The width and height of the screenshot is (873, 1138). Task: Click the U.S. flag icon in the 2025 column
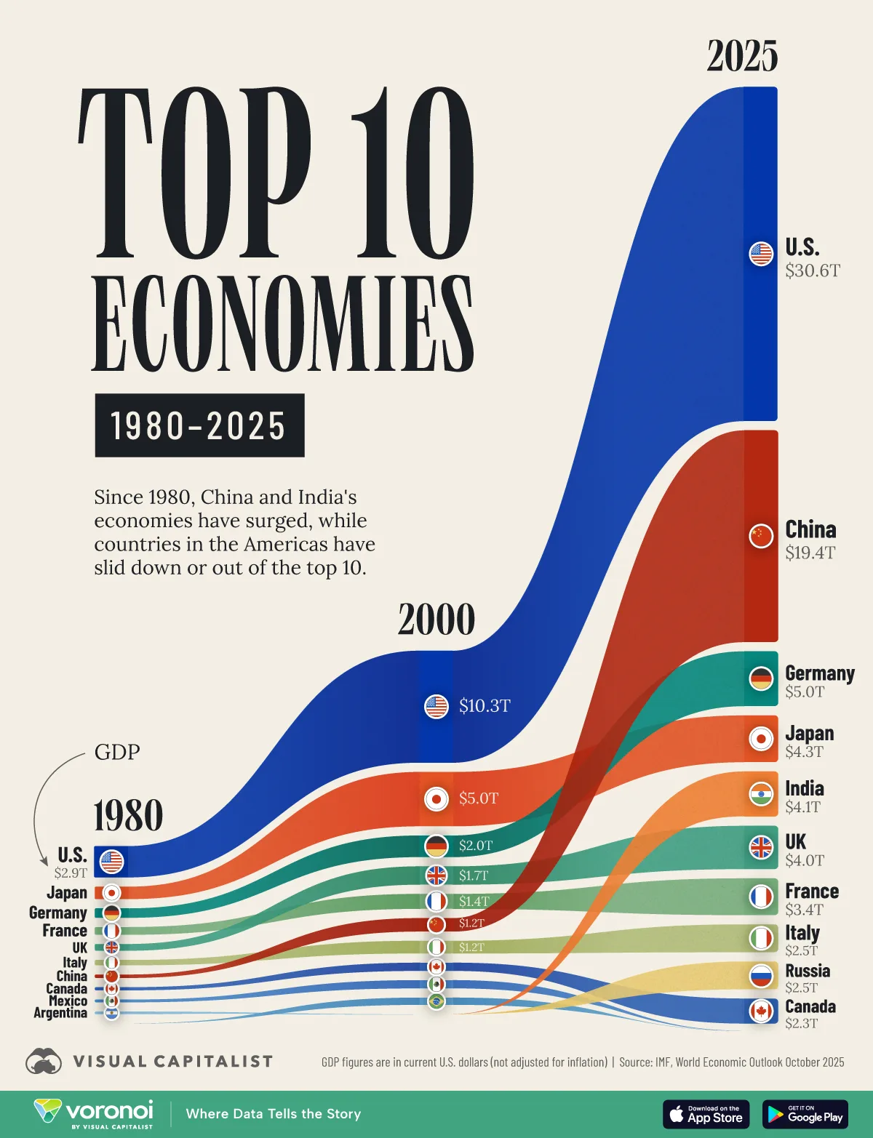761,254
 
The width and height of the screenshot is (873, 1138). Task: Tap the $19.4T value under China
810,553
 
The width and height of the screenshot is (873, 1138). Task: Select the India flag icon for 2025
761,794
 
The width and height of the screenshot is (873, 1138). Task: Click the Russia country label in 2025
807,971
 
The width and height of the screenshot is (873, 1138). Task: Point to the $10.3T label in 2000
485,706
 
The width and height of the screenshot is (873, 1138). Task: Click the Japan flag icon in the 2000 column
436,798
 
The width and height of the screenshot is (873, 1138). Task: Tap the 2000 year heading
436,620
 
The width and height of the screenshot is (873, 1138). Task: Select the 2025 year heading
742,56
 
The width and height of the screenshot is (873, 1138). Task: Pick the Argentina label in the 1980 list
60,1013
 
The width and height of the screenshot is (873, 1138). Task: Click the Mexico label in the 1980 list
68,1001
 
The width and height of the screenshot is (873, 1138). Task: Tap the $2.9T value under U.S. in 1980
71,873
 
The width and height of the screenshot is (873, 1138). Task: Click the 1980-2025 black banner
199,425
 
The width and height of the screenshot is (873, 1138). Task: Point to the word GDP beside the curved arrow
117,752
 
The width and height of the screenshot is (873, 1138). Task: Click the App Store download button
706,1114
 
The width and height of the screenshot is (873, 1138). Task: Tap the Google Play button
805,1114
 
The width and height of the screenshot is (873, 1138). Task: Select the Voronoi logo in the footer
94,1113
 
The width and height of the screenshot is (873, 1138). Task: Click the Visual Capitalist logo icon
44,1062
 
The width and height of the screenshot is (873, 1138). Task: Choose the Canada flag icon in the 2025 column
761,1011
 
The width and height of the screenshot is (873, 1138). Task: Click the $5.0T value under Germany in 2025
805,692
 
